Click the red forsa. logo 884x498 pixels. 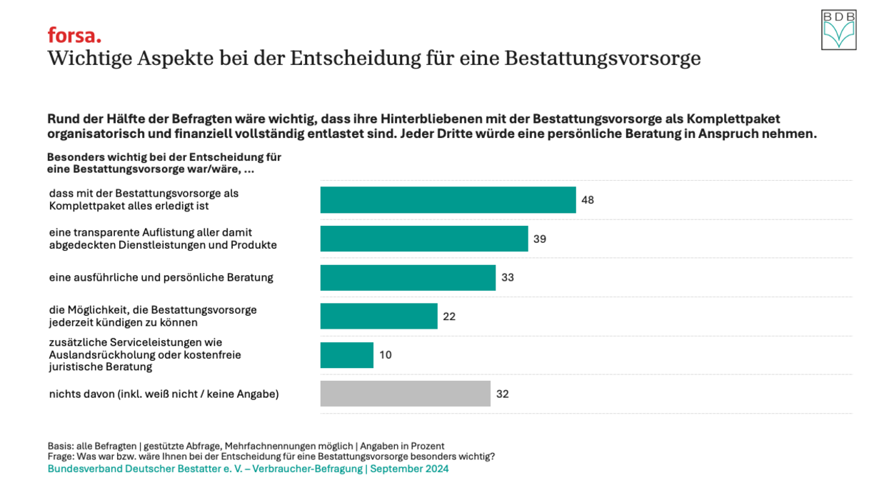click(74, 35)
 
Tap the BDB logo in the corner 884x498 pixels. click(838, 30)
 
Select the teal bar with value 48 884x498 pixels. click(448, 200)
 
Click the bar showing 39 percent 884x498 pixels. click(423, 239)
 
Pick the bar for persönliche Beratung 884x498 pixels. click(408, 277)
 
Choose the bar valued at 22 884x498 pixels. click(378, 316)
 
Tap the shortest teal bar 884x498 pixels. click(346, 355)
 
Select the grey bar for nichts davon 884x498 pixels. click(405, 394)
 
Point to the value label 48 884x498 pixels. click(588, 200)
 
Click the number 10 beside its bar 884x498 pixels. click(386, 355)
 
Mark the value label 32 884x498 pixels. click(503, 394)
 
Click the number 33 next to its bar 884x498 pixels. click(508, 277)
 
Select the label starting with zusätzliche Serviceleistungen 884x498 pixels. click(145, 354)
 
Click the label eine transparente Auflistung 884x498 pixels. click(163, 239)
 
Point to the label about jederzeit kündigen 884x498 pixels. click(153, 316)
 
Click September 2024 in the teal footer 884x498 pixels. click(409, 469)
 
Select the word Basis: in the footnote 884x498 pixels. click(60, 446)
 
